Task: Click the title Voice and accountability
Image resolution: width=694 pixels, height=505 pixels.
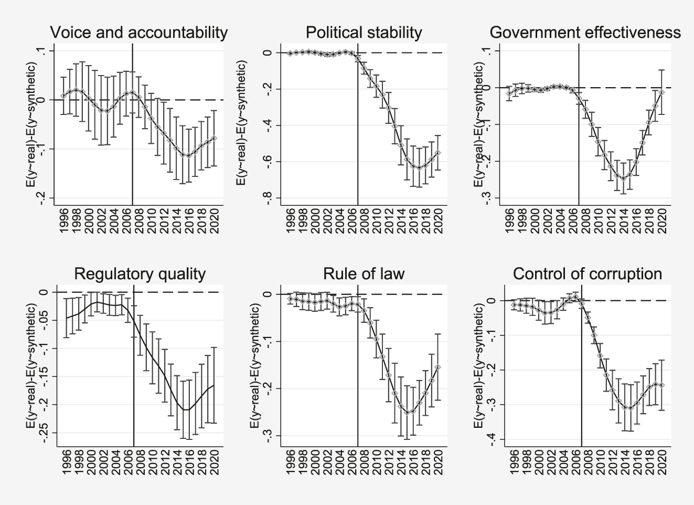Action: point(138,33)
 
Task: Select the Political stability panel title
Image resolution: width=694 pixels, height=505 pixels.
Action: point(364,33)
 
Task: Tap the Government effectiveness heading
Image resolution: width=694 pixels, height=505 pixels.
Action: point(585,33)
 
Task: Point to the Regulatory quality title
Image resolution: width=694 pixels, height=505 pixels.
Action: point(140,274)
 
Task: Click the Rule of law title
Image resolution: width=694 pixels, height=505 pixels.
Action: point(364,274)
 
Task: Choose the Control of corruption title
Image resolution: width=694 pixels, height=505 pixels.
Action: point(587,274)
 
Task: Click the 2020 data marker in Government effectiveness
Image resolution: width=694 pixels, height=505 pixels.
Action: point(661,92)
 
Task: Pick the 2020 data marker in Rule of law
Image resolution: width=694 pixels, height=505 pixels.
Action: point(438,367)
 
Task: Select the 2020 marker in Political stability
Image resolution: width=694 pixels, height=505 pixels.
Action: point(438,153)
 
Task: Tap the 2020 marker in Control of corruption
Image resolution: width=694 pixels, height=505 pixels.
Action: point(661,385)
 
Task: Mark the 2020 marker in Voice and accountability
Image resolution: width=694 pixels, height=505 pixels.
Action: point(214,138)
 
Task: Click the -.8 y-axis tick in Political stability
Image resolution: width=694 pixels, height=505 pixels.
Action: point(269,198)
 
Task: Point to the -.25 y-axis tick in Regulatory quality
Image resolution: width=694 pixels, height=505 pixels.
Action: point(45,433)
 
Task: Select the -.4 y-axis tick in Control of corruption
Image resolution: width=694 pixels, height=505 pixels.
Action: point(493,439)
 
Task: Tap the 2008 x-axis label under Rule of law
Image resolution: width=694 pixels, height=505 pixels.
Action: point(363,462)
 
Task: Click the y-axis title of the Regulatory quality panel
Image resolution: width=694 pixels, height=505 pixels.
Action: point(31,368)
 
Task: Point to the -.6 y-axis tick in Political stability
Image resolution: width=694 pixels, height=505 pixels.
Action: point(269,162)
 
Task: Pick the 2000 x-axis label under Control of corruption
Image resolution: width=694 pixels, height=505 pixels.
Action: point(539,462)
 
